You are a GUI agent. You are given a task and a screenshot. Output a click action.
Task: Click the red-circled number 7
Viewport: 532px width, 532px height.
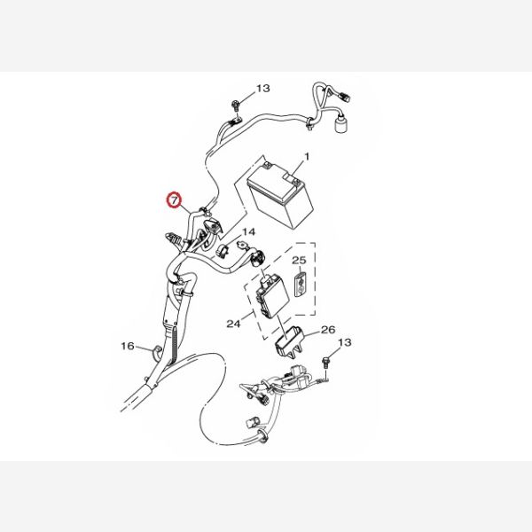click(x=174, y=200)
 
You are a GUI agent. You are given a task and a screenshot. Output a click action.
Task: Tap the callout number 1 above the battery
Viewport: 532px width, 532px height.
click(x=307, y=157)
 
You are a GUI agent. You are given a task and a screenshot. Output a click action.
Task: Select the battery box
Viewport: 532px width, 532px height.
click(x=280, y=196)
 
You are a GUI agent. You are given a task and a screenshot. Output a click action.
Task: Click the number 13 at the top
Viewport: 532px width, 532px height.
click(x=263, y=89)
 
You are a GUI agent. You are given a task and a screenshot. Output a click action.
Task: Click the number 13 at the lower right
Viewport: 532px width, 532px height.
click(x=344, y=342)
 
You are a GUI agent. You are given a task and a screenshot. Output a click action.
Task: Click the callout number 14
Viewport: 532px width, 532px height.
click(x=248, y=232)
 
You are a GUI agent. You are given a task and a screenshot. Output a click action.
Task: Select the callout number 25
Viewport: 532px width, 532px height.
click(x=299, y=261)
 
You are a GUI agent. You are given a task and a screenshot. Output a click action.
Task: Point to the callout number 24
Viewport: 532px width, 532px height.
click(x=233, y=324)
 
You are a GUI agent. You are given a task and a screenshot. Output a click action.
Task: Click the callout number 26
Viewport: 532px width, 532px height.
click(x=328, y=330)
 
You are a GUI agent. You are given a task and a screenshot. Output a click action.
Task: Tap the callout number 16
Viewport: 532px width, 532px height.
click(x=128, y=346)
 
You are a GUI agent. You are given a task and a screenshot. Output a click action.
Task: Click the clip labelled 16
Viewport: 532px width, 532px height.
click(x=157, y=351)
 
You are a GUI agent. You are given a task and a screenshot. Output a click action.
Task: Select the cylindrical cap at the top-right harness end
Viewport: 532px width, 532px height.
click(x=341, y=125)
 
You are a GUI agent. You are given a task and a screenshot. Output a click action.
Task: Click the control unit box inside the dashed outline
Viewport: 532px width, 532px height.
click(x=273, y=295)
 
